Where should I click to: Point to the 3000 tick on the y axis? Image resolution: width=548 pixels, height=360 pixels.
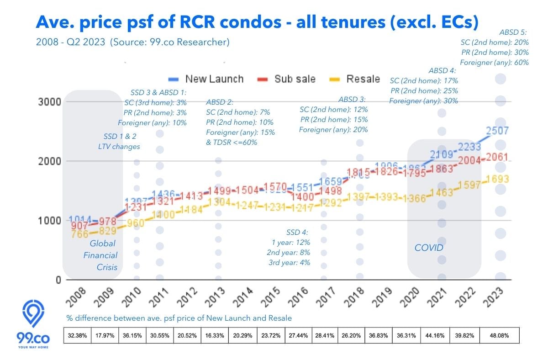(x=49, y=101)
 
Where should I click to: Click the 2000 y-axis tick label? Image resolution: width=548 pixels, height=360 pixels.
(x=49, y=161)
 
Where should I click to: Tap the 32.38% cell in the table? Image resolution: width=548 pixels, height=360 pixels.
(x=77, y=335)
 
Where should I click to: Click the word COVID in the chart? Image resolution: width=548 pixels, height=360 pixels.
(x=429, y=248)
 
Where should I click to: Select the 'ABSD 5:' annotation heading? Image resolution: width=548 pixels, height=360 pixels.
(x=514, y=32)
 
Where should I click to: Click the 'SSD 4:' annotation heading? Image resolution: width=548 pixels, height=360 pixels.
(x=298, y=232)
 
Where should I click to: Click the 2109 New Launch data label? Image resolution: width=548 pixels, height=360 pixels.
(x=441, y=154)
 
